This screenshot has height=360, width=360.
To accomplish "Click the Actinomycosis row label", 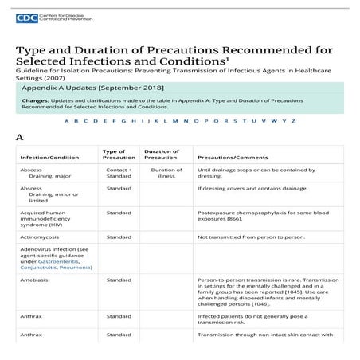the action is pyautogui.click(x=41, y=237).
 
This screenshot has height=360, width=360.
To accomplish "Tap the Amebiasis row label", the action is pyautogui.click(x=36, y=280).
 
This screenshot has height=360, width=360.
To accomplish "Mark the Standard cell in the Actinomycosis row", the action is pyautogui.click(x=119, y=237).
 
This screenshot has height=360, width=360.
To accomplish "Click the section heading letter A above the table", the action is pyautogui.click(x=20, y=138).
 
